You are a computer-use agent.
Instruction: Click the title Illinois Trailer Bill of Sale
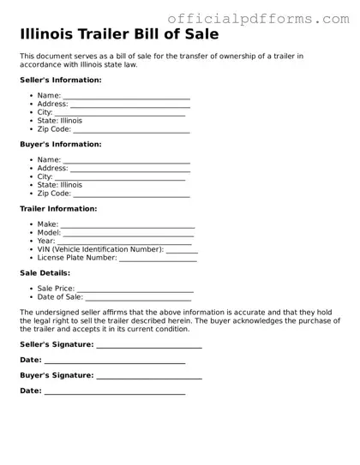(x=119, y=35)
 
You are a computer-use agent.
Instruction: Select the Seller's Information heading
(x=60, y=80)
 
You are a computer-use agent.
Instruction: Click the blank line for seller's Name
(x=126, y=96)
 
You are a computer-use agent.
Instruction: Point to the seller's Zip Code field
(x=131, y=130)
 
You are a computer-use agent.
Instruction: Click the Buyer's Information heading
(x=60, y=144)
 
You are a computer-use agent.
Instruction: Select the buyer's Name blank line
(x=126, y=160)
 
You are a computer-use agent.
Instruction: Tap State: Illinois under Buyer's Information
(x=59, y=185)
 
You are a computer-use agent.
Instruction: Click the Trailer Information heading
(x=58, y=208)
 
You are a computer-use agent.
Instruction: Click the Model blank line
(x=129, y=233)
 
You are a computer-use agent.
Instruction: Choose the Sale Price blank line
(x=135, y=289)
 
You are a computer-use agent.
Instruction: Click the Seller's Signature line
(x=149, y=345)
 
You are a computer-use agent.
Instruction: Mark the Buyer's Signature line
(x=149, y=377)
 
